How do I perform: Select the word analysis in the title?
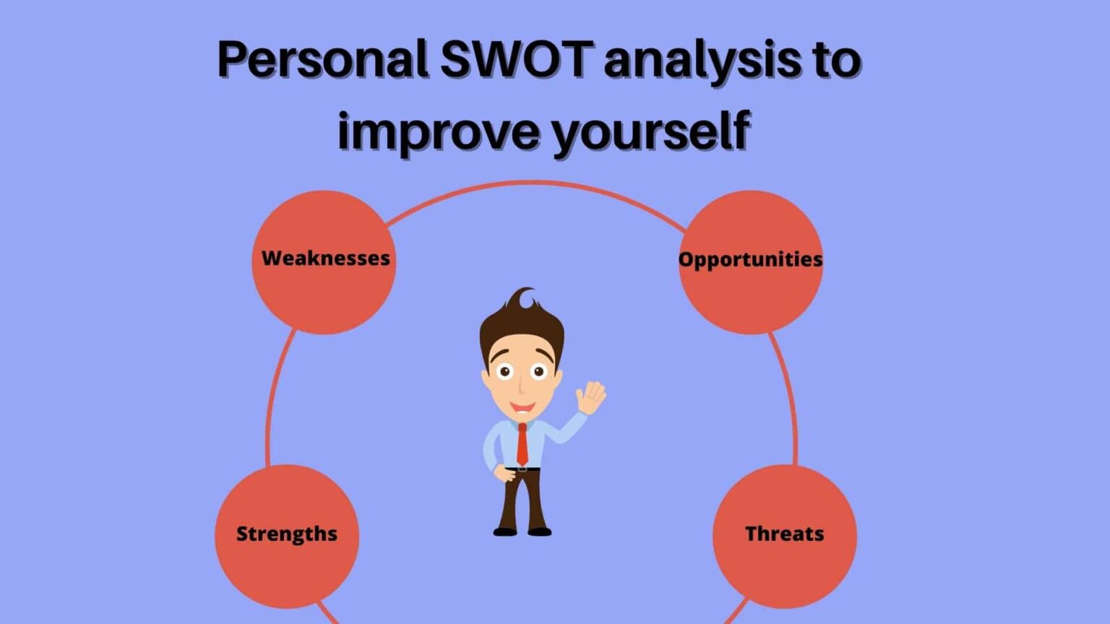[x=702, y=61]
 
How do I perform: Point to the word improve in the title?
[x=439, y=132]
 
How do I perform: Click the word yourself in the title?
[x=651, y=132]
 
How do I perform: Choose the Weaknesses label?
[x=325, y=259]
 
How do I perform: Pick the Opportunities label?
[x=750, y=259]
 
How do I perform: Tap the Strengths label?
[x=287, y=534]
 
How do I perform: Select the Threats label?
[x=784, y=534]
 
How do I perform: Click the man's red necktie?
[x=522, y=444]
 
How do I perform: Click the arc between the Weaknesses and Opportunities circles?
[x=535, y=183]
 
